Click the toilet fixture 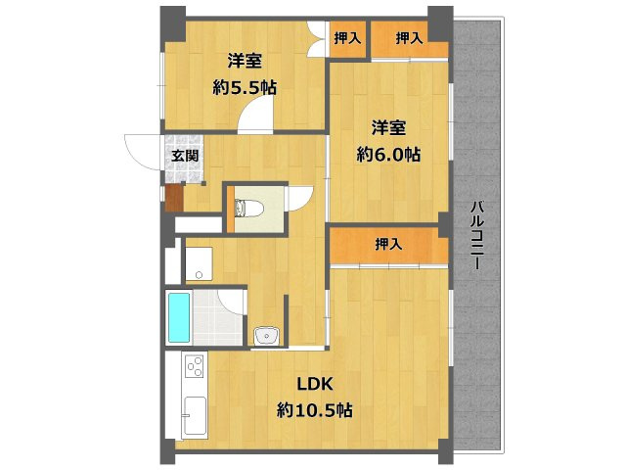click(245, 208)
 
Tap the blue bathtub click(178, 316)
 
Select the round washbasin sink click(264, 336)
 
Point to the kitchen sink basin click(192, 416)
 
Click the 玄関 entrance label click(185, 155)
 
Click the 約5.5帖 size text click(245, 87)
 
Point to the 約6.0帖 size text click(389, 154)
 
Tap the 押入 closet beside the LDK click(388, 245)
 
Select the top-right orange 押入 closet click(410, 38)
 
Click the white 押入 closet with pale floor click(346, 38)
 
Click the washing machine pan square click(200, 261)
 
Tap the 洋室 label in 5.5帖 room click(245, 60)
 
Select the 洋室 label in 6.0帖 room click(389, 127)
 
